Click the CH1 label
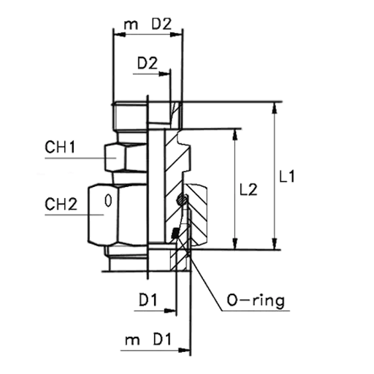[60, 148]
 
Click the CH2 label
[61, 204]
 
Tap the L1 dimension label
[287, 176]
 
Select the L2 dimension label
[248, 190]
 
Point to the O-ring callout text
[256, 301]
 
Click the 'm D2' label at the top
[148, 24]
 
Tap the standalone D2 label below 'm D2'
[148, 63]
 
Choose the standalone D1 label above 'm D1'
[148, 299]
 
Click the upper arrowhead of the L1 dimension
[275, 107]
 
